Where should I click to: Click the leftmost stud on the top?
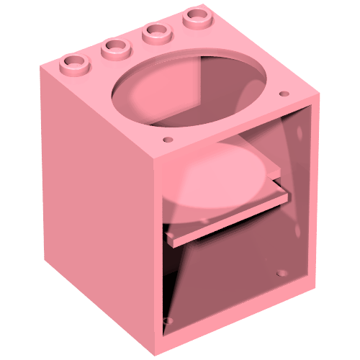(x=75, y=63)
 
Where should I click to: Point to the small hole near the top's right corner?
(x=284, y=93)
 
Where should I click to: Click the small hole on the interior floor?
(x=282, y=274)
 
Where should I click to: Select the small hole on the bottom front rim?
(x=169, y=319)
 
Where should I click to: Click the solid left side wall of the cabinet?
(x=94, y=202)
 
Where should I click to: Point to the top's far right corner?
(x=316, y=96)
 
